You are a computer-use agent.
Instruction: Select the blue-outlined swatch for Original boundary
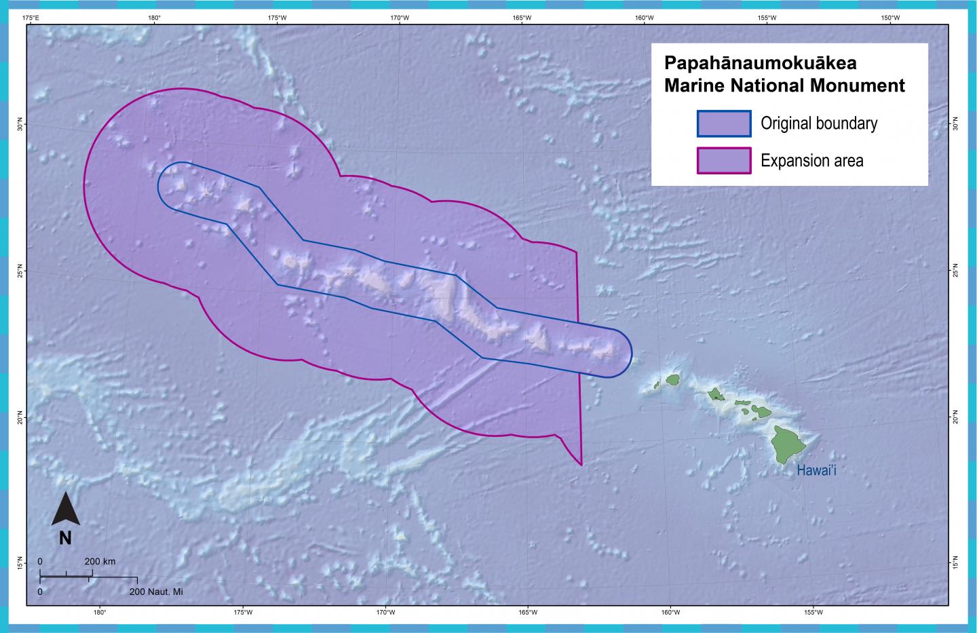pos(724,123)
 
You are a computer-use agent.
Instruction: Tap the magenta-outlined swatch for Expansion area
pos(724,161)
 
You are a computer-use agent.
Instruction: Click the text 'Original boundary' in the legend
pos(819,123)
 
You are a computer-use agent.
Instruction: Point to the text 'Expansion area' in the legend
pos(812,161)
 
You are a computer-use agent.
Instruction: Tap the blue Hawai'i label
pos(816,470)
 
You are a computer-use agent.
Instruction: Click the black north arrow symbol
pos(66,510)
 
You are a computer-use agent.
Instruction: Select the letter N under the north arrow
pos(65,538)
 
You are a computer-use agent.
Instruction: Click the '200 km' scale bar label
pos(100,562)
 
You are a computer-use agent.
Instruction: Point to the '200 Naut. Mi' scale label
pos(155,592)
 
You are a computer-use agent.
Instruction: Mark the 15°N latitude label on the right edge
pos(955,562)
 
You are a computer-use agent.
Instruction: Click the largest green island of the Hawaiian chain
pos(790,444)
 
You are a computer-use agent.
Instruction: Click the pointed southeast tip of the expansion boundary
pos(581,465)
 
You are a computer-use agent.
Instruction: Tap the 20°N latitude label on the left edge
pos(20,415)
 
